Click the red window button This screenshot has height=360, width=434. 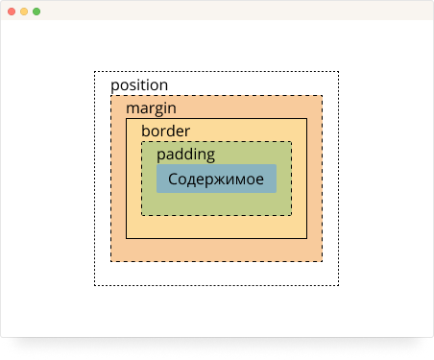12,12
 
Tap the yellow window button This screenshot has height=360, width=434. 24,12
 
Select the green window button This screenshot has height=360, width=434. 36,12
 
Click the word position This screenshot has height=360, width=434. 139,85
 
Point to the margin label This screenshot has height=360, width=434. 151,108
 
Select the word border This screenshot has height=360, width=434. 166,131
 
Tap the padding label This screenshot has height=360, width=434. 186,155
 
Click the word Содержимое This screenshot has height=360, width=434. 216,179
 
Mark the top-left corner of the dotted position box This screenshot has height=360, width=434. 94,72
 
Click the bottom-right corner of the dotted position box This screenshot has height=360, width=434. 339,285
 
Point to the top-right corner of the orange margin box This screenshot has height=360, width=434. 322,95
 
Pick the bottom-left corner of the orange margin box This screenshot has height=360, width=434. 110,261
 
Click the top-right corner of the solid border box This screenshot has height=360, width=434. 307,119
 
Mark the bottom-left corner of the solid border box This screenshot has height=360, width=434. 126,238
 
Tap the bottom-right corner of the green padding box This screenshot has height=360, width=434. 291,215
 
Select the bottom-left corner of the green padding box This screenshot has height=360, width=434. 142,215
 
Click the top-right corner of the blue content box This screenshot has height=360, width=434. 277,164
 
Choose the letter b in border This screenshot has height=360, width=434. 146,131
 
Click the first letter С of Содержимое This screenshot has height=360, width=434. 173,179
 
